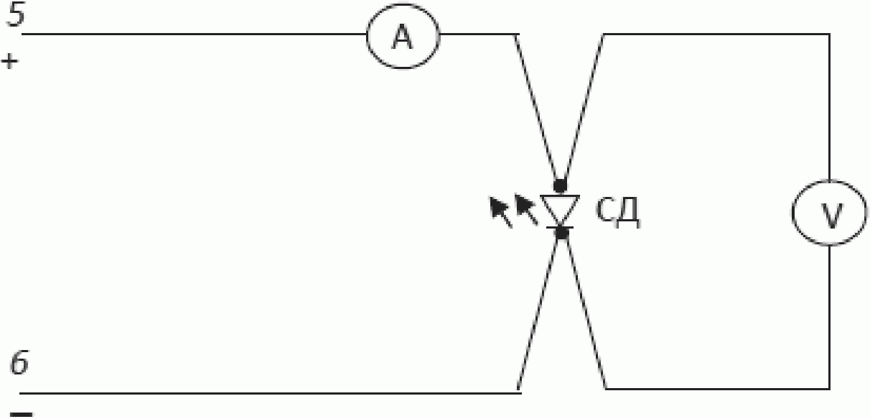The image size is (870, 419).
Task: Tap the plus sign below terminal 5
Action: (x=9, y=61)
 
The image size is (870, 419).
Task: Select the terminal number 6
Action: (x=19, y=365)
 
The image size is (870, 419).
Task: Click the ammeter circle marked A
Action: (x=403, y=40)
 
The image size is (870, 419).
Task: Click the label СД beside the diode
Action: (x=617, y=213)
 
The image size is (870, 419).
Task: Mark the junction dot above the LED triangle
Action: (x=561, y=185)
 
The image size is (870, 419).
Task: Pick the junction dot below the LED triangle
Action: (x=562, y=232)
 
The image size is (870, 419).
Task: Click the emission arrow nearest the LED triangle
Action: (x=526, y=210)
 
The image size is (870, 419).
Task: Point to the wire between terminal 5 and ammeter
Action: (x=194, y=34)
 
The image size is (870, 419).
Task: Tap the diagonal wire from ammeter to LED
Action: (x=537, y=108)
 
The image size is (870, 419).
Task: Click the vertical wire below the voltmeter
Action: (x=831, y=316)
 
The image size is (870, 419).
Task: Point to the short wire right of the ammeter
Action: (x=477, y=34)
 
